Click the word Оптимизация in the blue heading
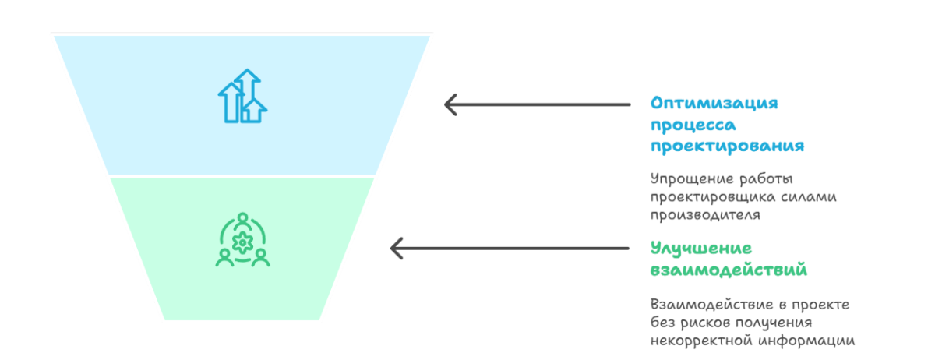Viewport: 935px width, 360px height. (x=714, y=104)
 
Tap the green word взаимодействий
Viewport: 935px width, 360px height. (x=729, y=270)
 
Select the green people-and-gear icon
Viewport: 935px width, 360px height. (x=242, y=240)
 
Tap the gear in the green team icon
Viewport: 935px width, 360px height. (x=242, y=243)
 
